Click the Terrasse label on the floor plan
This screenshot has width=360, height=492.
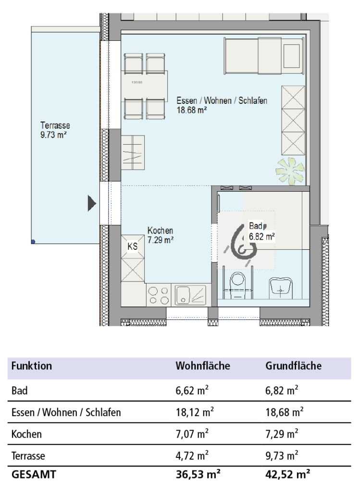(x=55, y=125)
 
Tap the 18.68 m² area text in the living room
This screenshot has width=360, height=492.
(x=191, y=110)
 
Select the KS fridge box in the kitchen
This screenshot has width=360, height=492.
(x=133, y=246)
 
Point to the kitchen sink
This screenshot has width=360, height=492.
(x=190, y=295)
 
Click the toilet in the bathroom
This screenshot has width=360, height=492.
(x=237, y=286)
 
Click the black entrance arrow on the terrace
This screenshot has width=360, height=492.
(x=92, y=203)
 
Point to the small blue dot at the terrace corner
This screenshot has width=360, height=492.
(x=33, y=242)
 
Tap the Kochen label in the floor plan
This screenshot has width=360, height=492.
(x=160, y=231)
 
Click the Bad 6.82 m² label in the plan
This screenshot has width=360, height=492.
(x=262, y=231)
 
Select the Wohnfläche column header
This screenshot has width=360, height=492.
(x=203, y=366)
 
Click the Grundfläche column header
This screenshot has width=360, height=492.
(x=294, y=366)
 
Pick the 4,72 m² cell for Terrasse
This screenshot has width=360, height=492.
(x=192, y=455)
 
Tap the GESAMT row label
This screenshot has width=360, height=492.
(x=34, y=474)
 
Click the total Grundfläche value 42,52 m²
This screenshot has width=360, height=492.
(x=288, y=474)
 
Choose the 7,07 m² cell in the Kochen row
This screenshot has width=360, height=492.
(x=192, y=434)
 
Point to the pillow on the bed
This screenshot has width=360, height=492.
(x=292, y=56)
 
